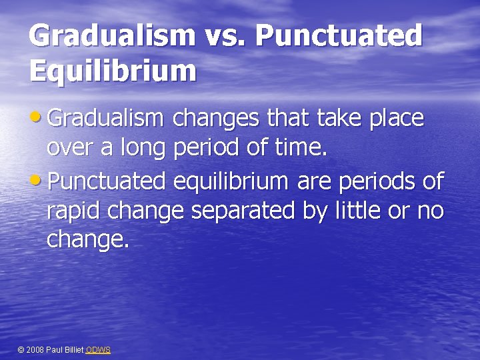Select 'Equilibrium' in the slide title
113,69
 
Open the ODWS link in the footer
99,350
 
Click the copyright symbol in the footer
20,350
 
